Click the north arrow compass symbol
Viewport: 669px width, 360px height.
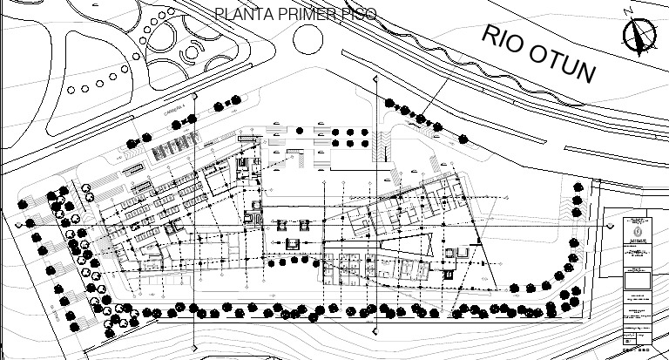[x=639, y=37]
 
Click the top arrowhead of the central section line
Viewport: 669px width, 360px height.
[x=375, y=80]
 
